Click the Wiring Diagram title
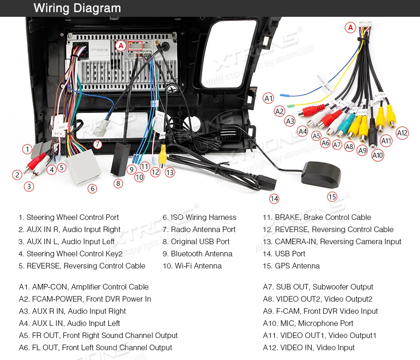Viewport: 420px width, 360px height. point(77,8)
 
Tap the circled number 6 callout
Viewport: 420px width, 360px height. point(92,189)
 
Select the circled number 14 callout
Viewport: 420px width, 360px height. point(274,199)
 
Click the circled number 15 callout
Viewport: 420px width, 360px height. point(332,197)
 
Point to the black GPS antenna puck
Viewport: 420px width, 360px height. point(321,173)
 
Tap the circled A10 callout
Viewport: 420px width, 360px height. point(378,155)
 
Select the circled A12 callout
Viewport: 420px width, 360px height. point(402,133)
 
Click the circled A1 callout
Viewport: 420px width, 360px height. point(268,98)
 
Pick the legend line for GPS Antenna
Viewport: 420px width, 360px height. point(291,266)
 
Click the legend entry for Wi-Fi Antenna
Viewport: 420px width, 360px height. point(192,266)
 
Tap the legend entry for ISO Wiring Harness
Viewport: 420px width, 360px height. point(199,217)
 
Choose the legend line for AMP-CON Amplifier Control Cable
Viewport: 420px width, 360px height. point(84,287)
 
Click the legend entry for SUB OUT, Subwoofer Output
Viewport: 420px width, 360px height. point(318,287)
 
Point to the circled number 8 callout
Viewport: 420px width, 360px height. point(118,184)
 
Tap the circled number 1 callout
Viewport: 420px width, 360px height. point(28,149)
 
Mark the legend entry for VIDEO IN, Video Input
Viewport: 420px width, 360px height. point(308,347)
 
